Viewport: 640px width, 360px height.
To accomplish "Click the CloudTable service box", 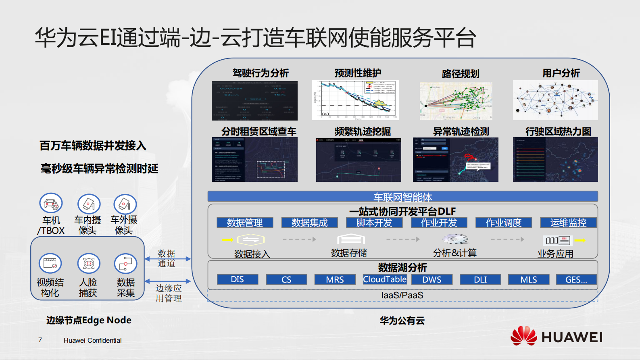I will coord(385,279).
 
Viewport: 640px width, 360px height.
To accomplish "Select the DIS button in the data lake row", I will coord(237,279).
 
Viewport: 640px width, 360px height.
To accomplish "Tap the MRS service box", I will coord(335,279).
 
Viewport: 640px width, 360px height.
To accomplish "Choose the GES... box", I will coord(576,279).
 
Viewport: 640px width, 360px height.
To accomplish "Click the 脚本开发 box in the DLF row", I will coord(374,223).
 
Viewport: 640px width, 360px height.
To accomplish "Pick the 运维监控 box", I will coord(568,223).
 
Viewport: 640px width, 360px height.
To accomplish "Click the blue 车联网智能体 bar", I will coord(402,197).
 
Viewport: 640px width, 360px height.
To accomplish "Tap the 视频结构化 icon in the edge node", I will coord(50,263).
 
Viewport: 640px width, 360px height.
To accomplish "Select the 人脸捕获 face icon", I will coord(89,263).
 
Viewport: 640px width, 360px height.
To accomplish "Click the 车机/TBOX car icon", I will coord(51,204).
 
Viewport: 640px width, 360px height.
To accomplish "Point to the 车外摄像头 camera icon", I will coord(125,204).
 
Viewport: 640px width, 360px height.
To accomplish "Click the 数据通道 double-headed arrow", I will coord(167,259).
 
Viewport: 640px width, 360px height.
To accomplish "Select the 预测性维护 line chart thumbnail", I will coord(355,100).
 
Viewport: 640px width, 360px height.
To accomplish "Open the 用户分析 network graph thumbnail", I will coord(555,100).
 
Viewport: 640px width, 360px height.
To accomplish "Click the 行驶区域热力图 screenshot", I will coord(555,159).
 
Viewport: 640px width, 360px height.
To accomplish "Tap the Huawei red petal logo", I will coord(523,336).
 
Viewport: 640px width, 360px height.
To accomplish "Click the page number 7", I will coord(40,340).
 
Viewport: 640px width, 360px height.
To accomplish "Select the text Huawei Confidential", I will coord(92,340).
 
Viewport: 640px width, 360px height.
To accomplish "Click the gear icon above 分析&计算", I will coord(455,239).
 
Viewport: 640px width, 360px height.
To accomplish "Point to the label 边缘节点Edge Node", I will coord(89,320).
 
